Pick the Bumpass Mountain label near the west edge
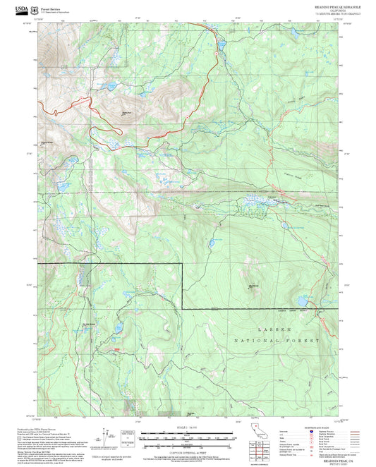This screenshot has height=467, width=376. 47,142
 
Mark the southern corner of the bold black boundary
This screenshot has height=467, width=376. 183,309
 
